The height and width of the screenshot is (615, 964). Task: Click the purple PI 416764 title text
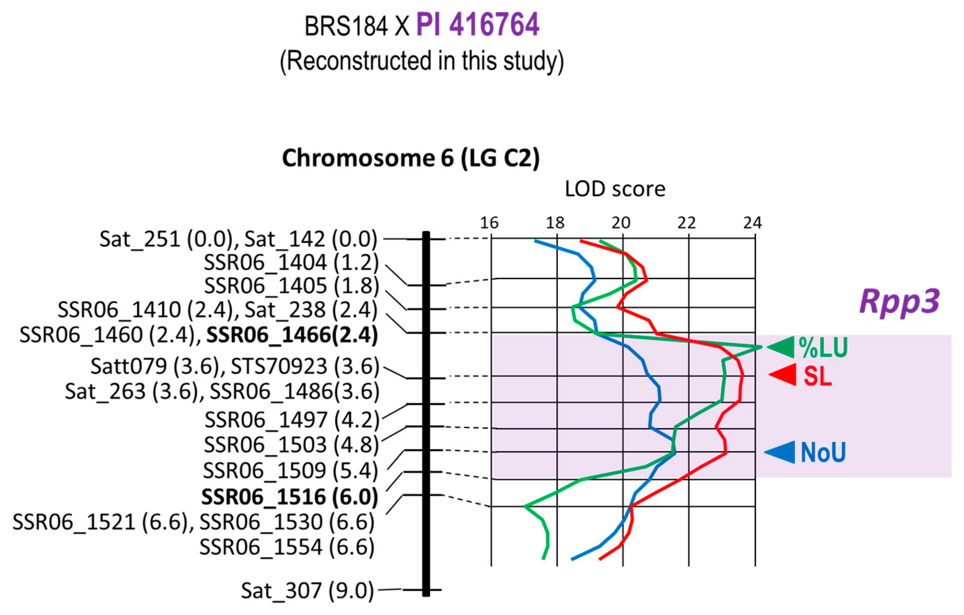click(478, 25)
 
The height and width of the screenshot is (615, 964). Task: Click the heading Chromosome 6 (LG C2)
click(411, 158)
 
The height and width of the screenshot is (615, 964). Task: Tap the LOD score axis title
click(615, 189)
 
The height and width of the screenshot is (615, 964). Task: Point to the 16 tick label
click(489, 223)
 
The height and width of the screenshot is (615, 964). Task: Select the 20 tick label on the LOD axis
click(621, 223)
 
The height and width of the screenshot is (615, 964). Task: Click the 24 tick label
click(753, 223)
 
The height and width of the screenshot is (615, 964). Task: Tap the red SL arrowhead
click(783, 375)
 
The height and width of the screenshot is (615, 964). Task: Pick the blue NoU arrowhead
click(780, 452)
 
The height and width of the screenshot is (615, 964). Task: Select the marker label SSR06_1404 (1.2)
click(291, 263)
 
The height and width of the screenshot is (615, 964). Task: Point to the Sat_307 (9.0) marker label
click(307, 591)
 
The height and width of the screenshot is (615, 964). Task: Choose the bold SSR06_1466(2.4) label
click(292, 335)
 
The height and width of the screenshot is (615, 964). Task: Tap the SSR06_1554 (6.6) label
click(287, 547)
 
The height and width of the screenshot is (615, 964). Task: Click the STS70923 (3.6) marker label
click(305, 366)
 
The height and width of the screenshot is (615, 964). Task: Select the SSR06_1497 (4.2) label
click(291, 420)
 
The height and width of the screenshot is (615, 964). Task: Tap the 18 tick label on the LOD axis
click(555, 223)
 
